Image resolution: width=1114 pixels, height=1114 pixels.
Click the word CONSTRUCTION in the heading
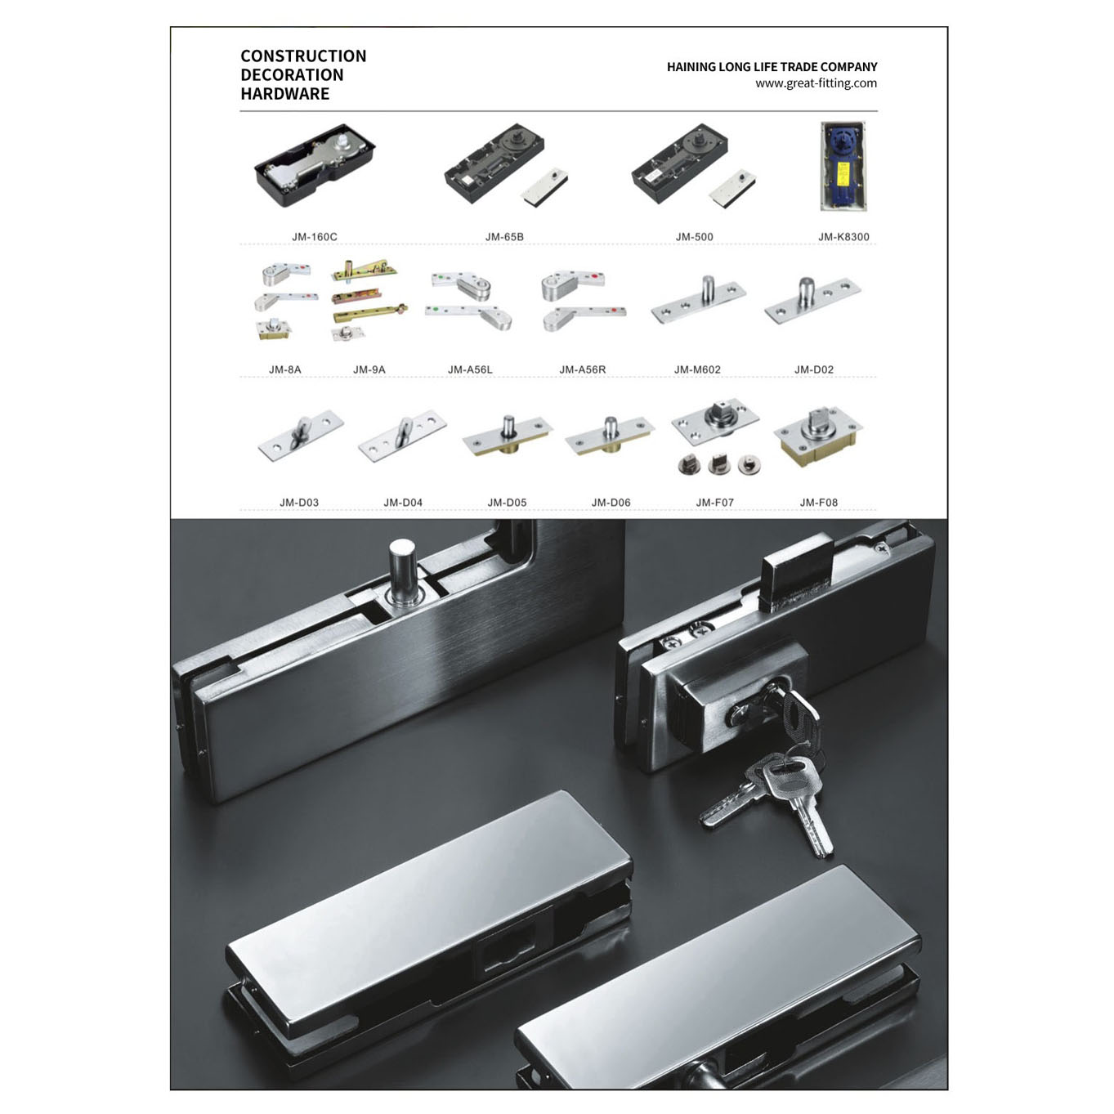[x=303, y=56]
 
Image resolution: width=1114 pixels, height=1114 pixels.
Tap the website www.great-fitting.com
[x=816, y=83]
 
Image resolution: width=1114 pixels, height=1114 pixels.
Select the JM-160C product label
[x=315, y=237]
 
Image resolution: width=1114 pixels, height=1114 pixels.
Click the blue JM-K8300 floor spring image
[x=843, y=167]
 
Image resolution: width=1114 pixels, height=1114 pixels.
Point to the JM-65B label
[x=504, y=237]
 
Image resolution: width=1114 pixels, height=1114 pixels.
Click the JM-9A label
[x=369, y=370]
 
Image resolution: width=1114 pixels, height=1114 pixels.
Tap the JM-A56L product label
[x=470, y=370]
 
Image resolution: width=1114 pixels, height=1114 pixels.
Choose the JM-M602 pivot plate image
[x=698, y=299]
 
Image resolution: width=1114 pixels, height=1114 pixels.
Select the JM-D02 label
[x=814, y=370]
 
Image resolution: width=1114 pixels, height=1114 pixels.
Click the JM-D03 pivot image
[x=301, y=436]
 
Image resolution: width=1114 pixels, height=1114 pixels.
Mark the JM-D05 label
[x=507, y=503]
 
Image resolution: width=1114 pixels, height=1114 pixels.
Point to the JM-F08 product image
[x=818, y=437]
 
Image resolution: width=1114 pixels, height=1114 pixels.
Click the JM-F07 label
[x=715, y=503]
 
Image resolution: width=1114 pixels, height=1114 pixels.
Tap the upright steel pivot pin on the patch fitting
[x=401, y=571]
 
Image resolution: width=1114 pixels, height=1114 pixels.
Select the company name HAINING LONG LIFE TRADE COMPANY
[x=772, y=67]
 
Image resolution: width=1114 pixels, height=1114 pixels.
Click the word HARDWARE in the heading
[x=285, y=94]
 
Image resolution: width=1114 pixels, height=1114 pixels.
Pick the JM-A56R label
[x=583, y=370]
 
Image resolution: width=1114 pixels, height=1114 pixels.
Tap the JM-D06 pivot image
[x=610, y=436]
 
